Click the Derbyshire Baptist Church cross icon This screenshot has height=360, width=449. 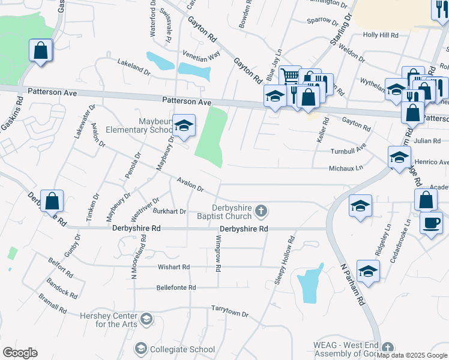[261, 211]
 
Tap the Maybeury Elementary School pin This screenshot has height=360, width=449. [184, 125]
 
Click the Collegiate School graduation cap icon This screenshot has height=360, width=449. [141, 349]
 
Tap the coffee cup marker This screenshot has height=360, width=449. [431, 223]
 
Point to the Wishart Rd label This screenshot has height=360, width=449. [173, 266]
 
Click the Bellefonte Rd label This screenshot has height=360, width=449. [176, 287]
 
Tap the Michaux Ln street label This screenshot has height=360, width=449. [346, 169]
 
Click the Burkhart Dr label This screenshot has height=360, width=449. [169, 211]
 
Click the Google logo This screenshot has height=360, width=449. [20, 353]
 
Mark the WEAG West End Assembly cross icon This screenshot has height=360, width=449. [388, 347]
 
